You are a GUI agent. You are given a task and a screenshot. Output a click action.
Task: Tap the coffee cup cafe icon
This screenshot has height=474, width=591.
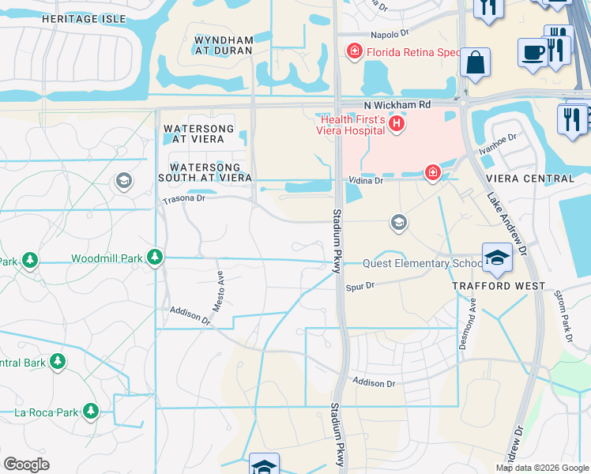tap(531, 51)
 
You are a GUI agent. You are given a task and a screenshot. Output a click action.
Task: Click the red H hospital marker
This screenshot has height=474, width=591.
tap(397, 123)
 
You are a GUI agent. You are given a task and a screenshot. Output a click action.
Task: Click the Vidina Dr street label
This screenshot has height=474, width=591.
tap(367, 181)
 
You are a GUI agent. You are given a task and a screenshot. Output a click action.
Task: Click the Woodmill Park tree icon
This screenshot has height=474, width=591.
tap(156, 258)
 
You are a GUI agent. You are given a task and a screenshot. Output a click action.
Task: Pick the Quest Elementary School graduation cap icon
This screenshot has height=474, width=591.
tap(497, 257)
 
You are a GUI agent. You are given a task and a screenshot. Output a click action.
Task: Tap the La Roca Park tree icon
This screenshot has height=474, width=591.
tap(91, 411)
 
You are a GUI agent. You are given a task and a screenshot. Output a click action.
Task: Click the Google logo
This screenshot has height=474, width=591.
tap(27, 465)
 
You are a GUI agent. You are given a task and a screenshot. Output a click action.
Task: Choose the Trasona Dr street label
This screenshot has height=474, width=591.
tap(183, 199)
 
